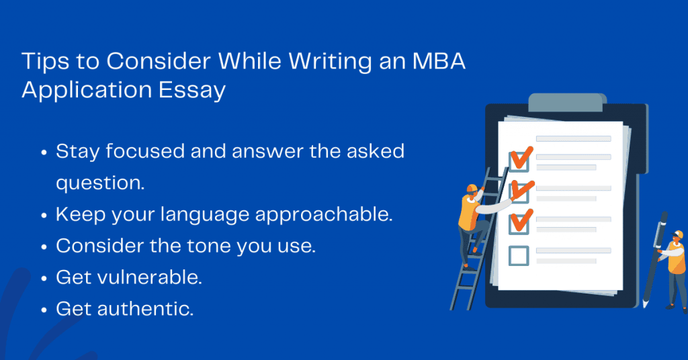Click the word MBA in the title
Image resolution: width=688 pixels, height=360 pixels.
pos(438,61)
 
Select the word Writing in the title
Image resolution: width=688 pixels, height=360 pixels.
pos(330,62)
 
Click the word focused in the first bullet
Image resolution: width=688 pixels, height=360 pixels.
pos(145,151)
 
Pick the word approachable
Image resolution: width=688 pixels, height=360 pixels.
pos(324,215)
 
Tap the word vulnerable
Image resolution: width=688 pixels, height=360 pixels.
pos(150,277)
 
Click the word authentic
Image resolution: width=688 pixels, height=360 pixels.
pos(145,309)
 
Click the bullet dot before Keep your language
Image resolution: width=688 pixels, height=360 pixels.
pos(44,216)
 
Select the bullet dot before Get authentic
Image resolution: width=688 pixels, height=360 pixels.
pos(44,310)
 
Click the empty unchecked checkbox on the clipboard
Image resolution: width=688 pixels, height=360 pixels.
pos(519,256)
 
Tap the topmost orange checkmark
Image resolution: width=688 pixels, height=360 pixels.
pos(521,159)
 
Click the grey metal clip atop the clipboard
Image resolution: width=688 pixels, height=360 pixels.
pos(566,102)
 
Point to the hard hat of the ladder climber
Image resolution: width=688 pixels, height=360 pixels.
pos(472,188)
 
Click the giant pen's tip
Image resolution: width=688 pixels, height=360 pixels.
pos(644,304)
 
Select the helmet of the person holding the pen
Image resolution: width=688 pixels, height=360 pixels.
pos(679,234)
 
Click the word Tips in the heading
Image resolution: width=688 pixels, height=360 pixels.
pos(45,62)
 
